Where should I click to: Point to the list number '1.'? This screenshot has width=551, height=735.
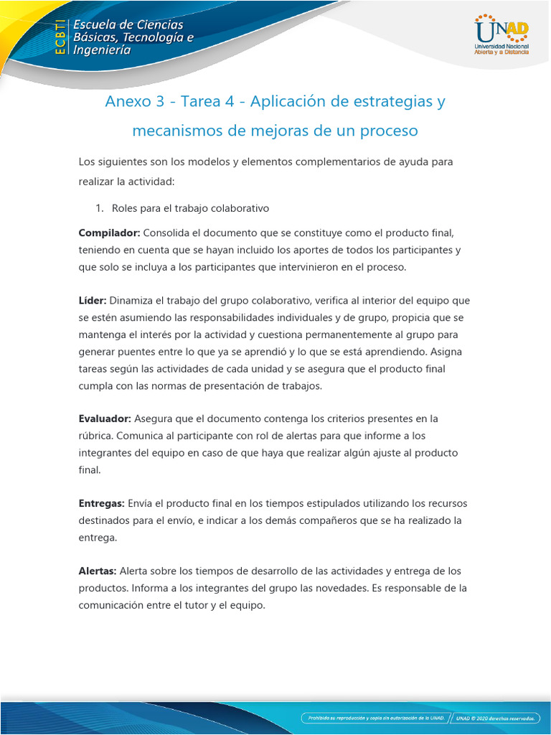point(100,208)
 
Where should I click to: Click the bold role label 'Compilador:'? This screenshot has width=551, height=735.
point(109,233)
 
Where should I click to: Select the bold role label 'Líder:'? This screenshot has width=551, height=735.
point(93,301)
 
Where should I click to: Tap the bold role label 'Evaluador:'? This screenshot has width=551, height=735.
point(105,418)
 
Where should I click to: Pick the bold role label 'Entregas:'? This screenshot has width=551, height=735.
point(101,503)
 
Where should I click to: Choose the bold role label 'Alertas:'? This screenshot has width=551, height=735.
point(98,571)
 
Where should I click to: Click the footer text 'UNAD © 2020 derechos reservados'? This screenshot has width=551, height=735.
point(498,717)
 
